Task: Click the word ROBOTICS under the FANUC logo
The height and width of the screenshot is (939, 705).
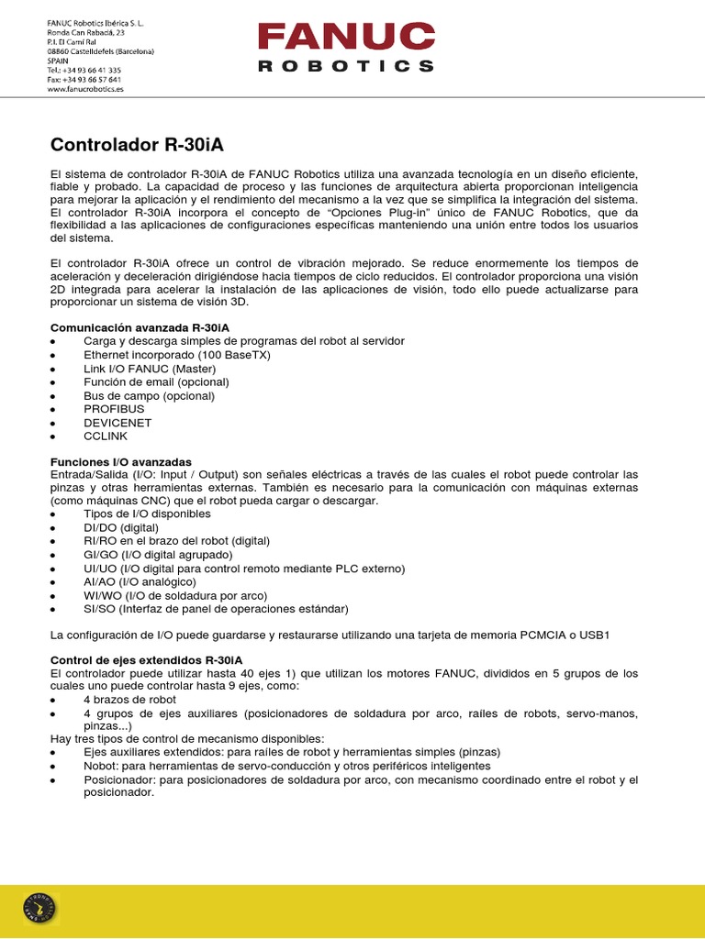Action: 346,66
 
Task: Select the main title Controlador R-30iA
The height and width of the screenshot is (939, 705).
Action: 136,144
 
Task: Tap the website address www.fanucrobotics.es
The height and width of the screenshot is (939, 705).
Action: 85,90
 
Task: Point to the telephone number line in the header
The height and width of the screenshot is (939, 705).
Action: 84,70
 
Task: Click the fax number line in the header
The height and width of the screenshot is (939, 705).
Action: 84,80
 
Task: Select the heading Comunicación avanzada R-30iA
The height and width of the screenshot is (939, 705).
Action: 140,327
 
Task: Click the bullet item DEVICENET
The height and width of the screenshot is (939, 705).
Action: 117,423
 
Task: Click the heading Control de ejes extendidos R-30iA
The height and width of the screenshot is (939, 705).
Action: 146,660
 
